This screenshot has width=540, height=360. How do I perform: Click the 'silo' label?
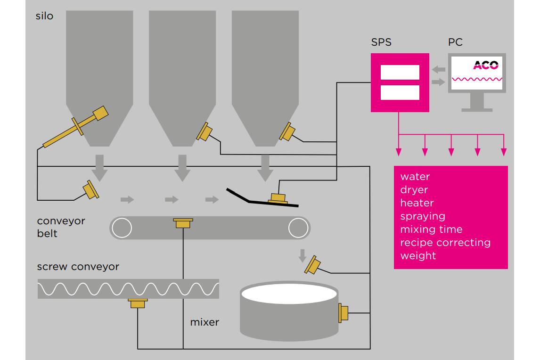tap(44, 16)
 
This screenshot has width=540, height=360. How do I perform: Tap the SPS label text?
tap(381, 42)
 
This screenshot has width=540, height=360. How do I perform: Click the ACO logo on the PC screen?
tap(485, 65)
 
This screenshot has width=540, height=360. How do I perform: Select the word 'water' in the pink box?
tap(415, 177)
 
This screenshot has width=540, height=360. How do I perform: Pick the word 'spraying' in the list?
tap(423, 216)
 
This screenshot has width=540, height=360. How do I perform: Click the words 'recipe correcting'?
tap(445, 243)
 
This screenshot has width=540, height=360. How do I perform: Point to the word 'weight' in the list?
tap(418, 256)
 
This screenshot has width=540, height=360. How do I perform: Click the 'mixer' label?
tap(205, 323)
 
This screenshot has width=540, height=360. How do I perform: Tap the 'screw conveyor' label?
tap(78, 267)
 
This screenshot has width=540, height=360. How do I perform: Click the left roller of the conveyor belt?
tap(121, 228)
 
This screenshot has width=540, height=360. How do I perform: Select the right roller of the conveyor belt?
tap(298, 228)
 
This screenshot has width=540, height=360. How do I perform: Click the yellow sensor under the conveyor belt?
tap(183, 223)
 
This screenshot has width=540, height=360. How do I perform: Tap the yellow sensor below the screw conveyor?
tap(138, 303)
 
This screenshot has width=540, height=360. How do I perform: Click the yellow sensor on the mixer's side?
tap(343, 313)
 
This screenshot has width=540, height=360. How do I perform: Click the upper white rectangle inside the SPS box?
tap(400, 73)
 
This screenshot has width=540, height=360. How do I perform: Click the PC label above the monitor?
tap(455, 42)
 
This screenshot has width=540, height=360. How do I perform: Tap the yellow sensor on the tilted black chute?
tap(278, 198)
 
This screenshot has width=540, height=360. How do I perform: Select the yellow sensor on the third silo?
tap(287, 131)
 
